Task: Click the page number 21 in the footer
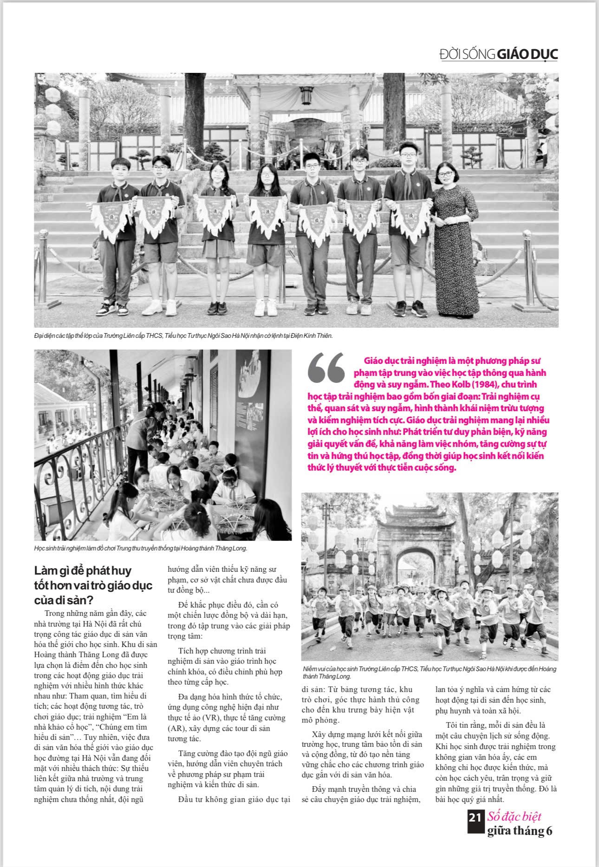click(475, 830)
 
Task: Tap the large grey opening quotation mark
click(326, 367)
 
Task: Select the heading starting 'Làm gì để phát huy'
click(93, 584)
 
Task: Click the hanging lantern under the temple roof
click(306, 96)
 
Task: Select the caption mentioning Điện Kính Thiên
click(183, 335)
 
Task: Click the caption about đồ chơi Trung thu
click(141, 548)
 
